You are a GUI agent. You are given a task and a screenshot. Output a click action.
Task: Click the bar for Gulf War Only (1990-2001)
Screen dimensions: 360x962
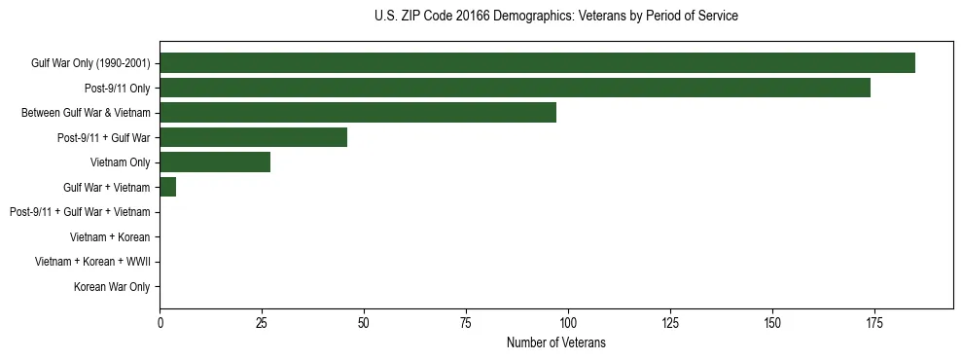(x=537, y=63)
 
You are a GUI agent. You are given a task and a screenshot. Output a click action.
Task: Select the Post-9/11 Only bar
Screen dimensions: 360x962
(x=515, y=88)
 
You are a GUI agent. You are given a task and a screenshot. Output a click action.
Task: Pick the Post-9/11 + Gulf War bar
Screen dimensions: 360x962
(x=253, y=137)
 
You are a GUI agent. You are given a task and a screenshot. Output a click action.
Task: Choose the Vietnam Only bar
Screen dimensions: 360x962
(x=215, y=162)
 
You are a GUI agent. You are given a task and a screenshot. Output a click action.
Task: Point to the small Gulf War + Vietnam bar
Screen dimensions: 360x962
(x=167, y=187)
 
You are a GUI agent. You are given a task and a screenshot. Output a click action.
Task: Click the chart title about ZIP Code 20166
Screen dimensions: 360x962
(x=555, y=17)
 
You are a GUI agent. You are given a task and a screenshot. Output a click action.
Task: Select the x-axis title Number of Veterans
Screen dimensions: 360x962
(x=555, y=342)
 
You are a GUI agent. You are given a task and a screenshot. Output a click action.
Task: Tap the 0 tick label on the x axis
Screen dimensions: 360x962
(x=160, y=322)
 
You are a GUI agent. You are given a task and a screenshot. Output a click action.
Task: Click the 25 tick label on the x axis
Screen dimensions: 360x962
(x=262, y=322)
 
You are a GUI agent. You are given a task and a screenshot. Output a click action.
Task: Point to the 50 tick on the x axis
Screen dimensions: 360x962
(x=364, y=322)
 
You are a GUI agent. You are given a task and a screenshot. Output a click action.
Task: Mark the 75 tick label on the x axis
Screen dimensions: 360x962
(x=466, y=322)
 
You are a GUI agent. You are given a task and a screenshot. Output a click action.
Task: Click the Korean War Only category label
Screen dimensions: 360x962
(x=112, y=287)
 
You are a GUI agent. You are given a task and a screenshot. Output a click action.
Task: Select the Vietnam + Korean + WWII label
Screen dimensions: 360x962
(x=92, y=262)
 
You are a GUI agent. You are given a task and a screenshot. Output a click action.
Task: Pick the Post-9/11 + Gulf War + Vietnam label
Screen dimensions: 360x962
(x=80, y=212)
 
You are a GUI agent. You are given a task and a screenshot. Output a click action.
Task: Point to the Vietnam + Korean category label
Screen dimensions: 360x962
(x=110, y=236)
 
